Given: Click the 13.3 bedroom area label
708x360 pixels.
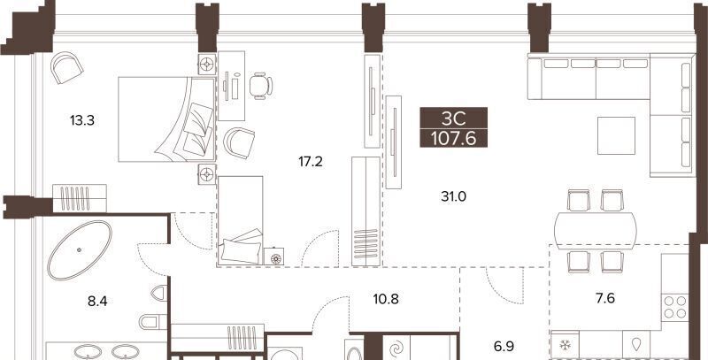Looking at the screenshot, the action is (82, 120).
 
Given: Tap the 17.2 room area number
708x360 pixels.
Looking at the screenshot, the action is (311, 161).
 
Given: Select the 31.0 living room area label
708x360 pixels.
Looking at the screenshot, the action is (454, 196).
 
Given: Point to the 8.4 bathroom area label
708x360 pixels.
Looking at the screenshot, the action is (97, 301).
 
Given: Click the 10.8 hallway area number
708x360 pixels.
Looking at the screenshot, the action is (387, 298).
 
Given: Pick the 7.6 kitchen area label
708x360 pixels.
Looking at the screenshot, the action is (605, 298).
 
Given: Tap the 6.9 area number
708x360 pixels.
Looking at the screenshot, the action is (504, 347).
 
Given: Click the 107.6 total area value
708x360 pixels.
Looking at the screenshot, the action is (454, 139).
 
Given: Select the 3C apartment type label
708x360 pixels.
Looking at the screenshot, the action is (453, 119).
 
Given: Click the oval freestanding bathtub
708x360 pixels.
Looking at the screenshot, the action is (80, 250).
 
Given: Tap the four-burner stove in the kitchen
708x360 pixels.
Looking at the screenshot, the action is (675, 307).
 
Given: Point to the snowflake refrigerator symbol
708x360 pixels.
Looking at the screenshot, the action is (565, 345).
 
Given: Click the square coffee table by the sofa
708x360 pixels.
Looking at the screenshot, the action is (616, 136).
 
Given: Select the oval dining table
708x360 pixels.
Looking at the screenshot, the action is (596, 231).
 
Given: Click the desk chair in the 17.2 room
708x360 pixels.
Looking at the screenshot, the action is (261, 86).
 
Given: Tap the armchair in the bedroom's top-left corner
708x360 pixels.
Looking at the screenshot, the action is (67, 67).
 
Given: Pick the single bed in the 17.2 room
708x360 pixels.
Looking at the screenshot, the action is (240, 220).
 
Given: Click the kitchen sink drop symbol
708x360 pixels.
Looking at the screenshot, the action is (637, 345).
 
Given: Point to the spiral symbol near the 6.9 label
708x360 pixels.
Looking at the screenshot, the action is (396, 349).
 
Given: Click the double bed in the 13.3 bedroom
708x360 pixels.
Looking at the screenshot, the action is (166, 119).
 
